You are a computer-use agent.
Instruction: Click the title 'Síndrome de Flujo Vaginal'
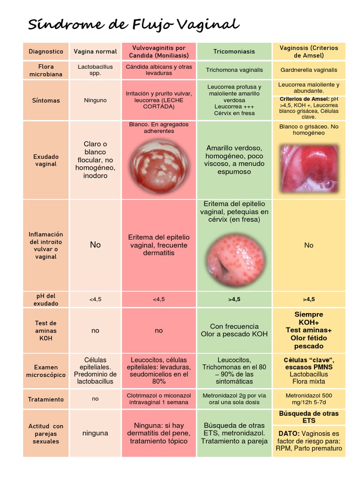click(133, 24)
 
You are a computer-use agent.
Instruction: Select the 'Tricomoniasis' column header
click(234, 52)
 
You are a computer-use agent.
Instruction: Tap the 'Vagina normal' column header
click(95, 52)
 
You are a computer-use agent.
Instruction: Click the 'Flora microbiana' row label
click(46, 70)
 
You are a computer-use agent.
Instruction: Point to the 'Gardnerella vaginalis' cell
click(309, 70)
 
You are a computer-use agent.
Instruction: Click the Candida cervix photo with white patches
click(159, 165)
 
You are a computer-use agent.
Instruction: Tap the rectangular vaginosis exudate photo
click(309, 169)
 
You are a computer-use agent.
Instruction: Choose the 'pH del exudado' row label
click(46, 300)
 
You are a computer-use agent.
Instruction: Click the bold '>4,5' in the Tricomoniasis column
click(234, 300)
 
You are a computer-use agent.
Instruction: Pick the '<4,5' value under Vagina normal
click(95, 300)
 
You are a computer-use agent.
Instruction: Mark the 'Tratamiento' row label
click(46, 399)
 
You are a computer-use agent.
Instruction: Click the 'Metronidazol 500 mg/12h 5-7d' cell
click(309, 399)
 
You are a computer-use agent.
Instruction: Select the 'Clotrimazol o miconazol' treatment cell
click(159, 399)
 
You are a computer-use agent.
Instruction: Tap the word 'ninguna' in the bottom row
click(95, 433)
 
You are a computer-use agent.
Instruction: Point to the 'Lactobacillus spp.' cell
click(95, 70)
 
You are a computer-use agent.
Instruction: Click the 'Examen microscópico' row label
click(46, 371)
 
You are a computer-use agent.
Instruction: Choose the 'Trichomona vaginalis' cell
click(234, 70)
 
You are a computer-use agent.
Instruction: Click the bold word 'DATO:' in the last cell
click(289, 434)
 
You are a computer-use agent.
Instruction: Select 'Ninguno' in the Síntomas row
click(95, 100)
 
